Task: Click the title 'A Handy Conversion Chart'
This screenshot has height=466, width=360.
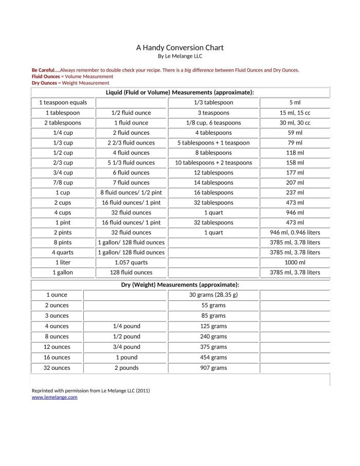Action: (179, 47)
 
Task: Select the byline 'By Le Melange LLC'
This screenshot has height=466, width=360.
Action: (179, 56)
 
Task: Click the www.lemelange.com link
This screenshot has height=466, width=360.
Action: (55, 397)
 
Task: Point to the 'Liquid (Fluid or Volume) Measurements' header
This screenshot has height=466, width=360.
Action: (179, 92)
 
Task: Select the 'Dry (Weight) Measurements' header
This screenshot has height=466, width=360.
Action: (179, 284)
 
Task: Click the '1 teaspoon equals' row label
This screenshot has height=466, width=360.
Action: (63, 102)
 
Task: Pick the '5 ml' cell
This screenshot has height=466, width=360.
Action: (295, 102)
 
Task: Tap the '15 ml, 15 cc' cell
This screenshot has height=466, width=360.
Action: (295, 113)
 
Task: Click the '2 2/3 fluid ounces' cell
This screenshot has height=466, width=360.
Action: (131, 142)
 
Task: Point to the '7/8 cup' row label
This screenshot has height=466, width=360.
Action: (63, 183)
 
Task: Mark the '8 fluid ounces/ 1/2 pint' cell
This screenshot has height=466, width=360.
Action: (131, 192)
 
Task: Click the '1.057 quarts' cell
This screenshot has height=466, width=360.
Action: (131, 262)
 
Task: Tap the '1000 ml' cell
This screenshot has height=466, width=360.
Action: (295, 262)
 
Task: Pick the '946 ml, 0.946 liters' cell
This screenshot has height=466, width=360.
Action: (295, 232)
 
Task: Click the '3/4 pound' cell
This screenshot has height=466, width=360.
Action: (127, 347)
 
